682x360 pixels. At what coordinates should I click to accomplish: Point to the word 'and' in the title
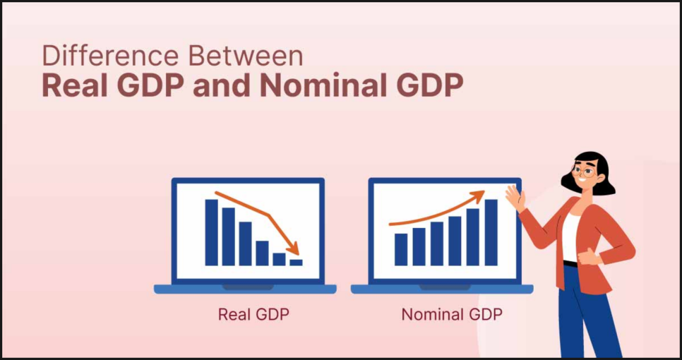[222, 86]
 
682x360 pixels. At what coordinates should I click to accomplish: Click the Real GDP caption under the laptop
[253, 314]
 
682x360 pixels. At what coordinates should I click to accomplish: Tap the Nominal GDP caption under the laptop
[452, 314]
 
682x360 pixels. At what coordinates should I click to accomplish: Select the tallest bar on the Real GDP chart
[211, 232]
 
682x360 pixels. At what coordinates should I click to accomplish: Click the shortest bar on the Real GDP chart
[297, 262]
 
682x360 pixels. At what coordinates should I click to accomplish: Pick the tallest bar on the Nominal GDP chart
[491, 232]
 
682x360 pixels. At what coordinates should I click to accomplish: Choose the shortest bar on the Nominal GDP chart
[401, 250]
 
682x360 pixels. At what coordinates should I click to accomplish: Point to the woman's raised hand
[515, 198]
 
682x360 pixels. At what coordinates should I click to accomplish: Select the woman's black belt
[570, 263]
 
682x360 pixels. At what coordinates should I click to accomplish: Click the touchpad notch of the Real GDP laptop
[248, 287]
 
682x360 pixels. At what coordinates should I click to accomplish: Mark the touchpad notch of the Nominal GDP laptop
[445, 287]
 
